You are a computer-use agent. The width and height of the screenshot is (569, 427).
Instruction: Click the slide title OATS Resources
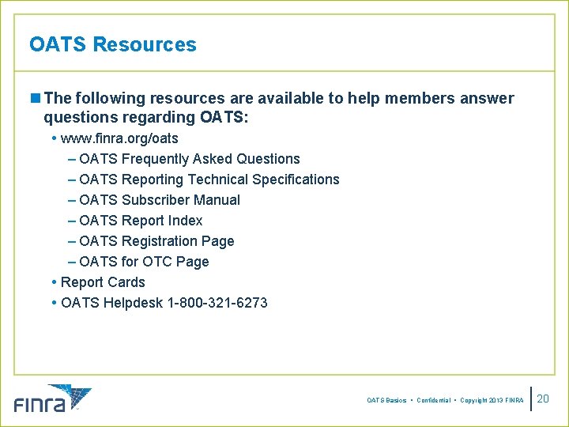click(112, 44)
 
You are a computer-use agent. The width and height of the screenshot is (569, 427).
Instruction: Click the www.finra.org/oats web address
click(119, 138)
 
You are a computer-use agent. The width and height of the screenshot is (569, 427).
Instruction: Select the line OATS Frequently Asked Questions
click(190, 159)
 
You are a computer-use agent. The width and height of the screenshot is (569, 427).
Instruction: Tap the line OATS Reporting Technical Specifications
click(209, 179)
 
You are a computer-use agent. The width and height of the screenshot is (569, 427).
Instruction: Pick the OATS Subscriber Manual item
click(160, 200)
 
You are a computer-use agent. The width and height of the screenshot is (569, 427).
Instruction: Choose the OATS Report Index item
click(141, 221)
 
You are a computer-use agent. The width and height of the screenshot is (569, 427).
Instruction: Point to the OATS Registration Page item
click(156, 241)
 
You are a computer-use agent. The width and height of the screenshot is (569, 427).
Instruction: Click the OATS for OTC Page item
click(144, 262)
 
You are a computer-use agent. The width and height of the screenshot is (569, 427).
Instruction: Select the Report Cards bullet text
click(103, 282)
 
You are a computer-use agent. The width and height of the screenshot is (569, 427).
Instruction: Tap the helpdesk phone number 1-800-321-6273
click(218, 303)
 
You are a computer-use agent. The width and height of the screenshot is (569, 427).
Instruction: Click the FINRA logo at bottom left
click(52, 399)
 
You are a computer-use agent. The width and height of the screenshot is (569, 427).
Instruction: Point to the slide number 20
click(543, 399)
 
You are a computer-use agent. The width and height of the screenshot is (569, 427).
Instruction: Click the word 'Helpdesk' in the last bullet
click(134, 303)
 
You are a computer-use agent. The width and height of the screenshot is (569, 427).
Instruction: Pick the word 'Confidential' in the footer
click(433, 401)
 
